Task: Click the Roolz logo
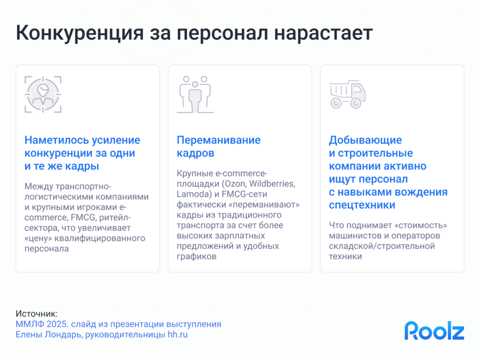click(434, 330)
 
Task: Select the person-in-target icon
click(43, 94)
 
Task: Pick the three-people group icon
click(195, 94)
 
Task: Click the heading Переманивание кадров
click(218, 146)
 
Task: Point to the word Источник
click(37, 314)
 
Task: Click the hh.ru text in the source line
click(178, 335)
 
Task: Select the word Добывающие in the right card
click(366, 140)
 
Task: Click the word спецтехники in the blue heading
click(362, 205)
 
